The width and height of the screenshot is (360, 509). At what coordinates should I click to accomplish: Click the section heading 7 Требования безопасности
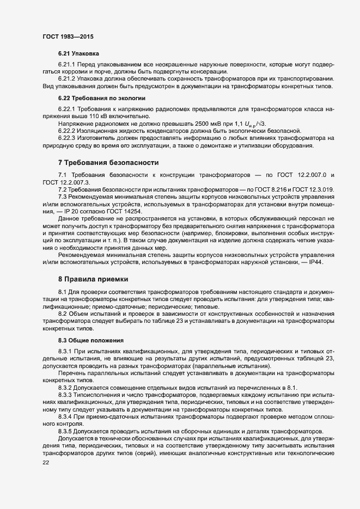pos(108,163)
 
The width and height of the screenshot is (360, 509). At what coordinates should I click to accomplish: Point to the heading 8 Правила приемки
pos(93,279)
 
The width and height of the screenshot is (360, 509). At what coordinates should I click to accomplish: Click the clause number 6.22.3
pos(68,138)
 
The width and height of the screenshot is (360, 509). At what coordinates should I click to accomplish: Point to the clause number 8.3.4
pos(68,416)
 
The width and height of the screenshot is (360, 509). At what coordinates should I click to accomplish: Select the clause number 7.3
pos(62,196)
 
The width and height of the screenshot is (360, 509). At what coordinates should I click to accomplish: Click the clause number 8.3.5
pos(68,431)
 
